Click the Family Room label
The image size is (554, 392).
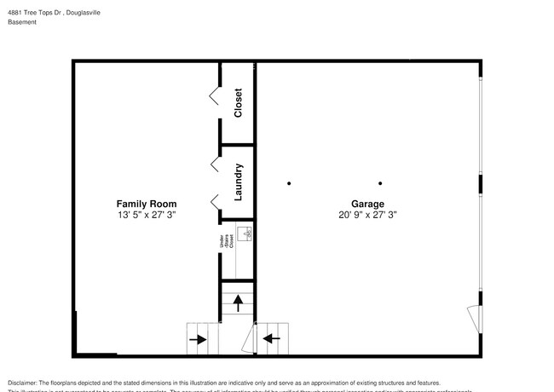coord(147,204)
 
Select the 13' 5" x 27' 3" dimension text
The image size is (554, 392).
coord(147,216)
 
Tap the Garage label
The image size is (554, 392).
coord(367,204)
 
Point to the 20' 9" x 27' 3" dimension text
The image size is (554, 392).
coord(367,216)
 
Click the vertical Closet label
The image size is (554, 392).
coord(239,102)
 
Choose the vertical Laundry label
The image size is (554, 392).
coord(239,182)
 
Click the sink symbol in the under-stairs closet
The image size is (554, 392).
coord(245,232)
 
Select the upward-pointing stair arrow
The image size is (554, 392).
coord(239,301)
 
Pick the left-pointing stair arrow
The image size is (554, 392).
coord(271,339)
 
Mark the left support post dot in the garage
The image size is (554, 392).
coord(289,183)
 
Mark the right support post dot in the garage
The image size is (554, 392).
coord(380,183)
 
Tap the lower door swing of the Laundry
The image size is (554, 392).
coord(214,201)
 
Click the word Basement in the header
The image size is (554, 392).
coord(21,22)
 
